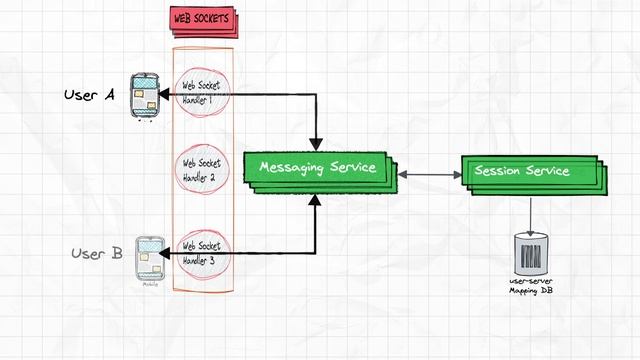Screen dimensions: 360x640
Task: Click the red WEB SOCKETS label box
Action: point(200,20)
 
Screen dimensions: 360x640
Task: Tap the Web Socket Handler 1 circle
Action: point(202,93)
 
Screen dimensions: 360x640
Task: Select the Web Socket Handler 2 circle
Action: point(202,170)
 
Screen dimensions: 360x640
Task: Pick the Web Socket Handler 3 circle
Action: point(202,252)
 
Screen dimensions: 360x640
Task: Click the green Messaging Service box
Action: point(317,168)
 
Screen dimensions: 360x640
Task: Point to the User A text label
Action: point(89,95)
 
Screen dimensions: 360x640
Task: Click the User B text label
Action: point(97,254)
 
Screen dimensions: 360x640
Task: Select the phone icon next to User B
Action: point(149,258)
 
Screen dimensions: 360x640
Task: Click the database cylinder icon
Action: point(530,254)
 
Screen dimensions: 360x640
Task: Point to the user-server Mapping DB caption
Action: point(530,286)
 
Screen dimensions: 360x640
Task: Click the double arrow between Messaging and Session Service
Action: point(428,175)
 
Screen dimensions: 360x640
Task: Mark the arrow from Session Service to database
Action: point(530,212)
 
